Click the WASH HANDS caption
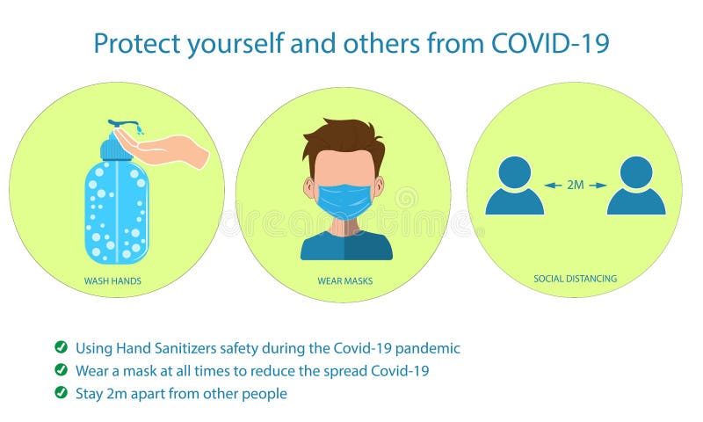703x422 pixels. tap(112, 282)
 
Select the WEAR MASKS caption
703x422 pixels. tap(342, 282)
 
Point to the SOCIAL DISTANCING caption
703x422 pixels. tap(575, 279)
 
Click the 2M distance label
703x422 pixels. tap(576, 185)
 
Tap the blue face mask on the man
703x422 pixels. tap(344, 200)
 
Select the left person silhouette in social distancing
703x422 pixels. tap(515, 186)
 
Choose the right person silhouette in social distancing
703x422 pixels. tap(635, 186)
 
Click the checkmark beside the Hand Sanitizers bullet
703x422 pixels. tap(61, 347)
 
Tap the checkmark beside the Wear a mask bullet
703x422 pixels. tap(61, 370)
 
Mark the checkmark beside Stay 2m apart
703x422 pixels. tap(61, 393)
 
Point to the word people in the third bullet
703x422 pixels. tap(265, 394)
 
